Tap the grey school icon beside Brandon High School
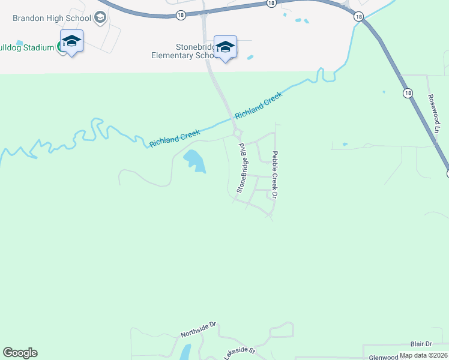(x=100, y=17)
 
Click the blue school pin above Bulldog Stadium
(x=71, y=41)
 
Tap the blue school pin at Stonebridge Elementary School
(x=225, y=47)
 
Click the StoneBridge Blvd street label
(x=242, y=167)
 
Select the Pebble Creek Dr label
(x=276, y=175)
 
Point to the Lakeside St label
(x=240, y=351)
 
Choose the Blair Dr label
(x=421, y=344)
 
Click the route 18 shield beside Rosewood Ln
(x=408, y=93)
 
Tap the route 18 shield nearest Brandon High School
(x=181, y=14)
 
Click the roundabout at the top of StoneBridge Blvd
(x=238, y=133)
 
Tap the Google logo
(x=20, y=353)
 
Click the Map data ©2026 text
(x=423, y=355)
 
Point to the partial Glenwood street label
(x=384, y=357)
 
